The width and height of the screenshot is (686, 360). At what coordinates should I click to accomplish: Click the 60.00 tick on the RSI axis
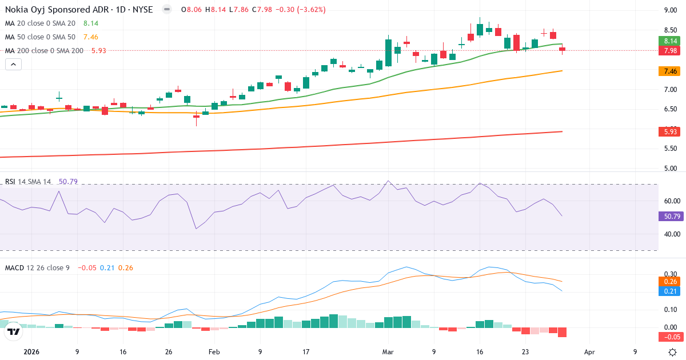669,201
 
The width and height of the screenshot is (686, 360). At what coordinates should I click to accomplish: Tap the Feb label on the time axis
214,352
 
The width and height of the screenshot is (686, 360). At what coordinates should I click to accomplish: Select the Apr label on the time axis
590,352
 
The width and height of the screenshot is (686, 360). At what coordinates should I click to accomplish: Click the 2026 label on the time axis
31,352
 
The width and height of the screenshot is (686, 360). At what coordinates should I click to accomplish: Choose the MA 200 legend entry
44,50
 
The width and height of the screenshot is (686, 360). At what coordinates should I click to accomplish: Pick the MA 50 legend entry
40,37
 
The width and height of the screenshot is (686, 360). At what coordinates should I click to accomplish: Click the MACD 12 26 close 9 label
37,267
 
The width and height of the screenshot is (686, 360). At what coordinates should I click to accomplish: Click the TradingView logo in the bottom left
14,331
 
